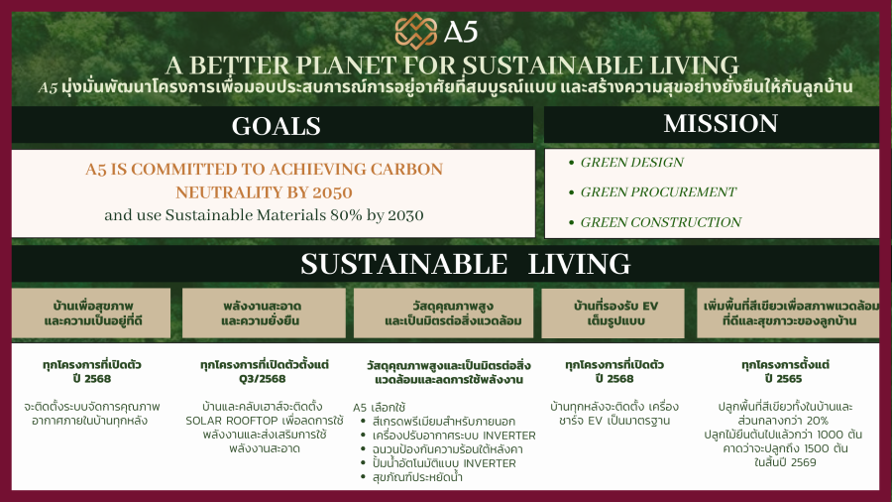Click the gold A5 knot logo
click(x=416, y=31)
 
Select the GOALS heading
click(x=276, y=126)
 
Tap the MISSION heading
click(x=721, y=123)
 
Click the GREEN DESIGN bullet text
click(x=631, y=163)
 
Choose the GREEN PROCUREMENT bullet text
click(x=658, y=191)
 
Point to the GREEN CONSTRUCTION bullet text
click(x=660, y=222)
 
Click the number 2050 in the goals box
click(x=332, y=192)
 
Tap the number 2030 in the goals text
click(x=405, y=215)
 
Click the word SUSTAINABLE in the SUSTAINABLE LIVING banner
click(x=404, y=264)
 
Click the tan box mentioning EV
click(x=613, y=314)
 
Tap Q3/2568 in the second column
click(x=262, y=379)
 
